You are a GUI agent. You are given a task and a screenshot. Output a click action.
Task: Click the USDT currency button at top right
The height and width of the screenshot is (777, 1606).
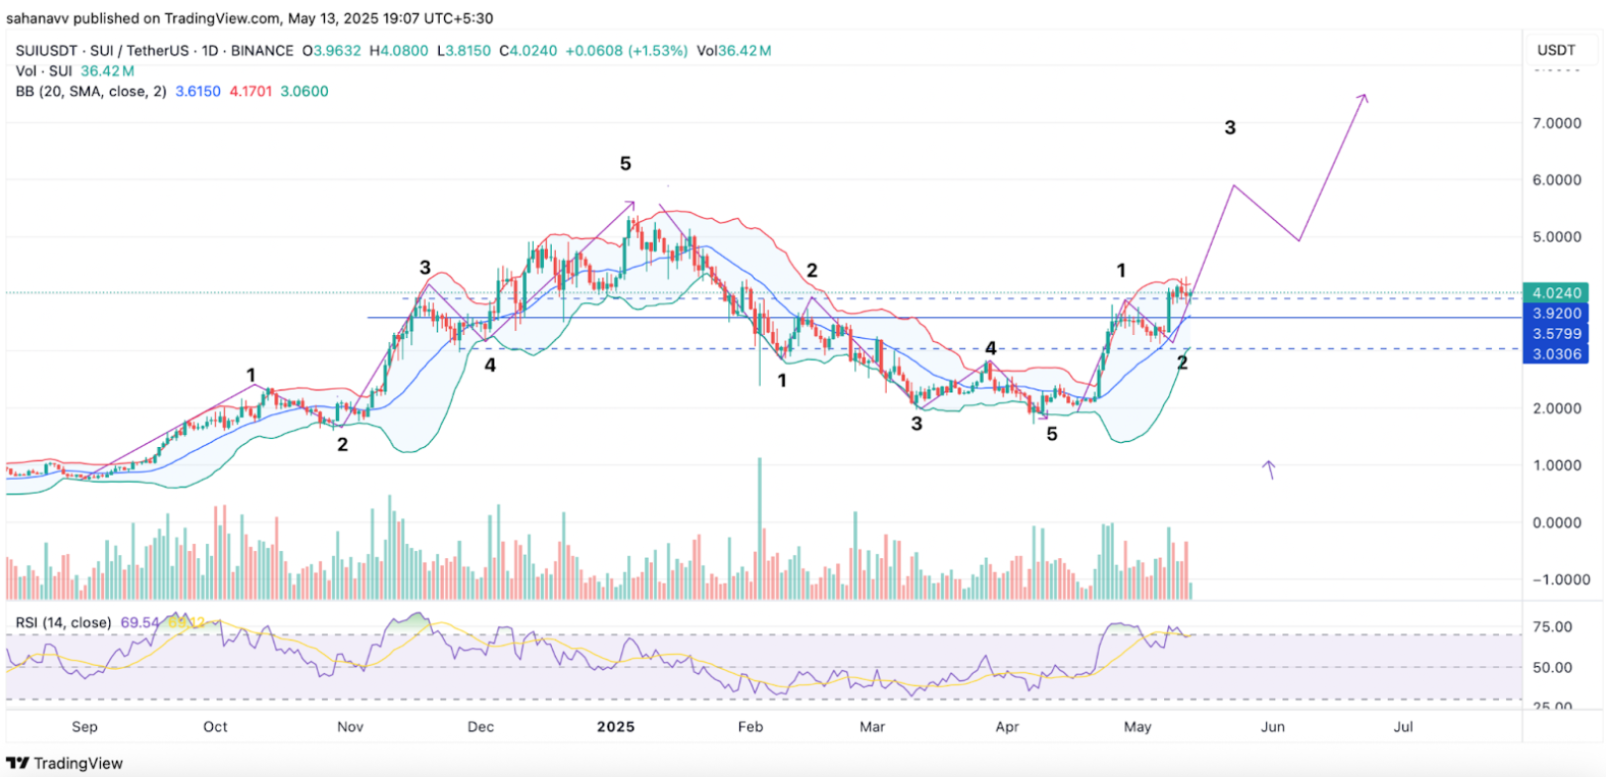click(x=1555, y=50)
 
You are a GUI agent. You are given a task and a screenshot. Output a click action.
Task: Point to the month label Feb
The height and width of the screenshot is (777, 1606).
click(x=750, y=726)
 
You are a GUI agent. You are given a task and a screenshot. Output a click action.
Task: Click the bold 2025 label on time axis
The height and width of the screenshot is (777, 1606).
click(x=615, y=726)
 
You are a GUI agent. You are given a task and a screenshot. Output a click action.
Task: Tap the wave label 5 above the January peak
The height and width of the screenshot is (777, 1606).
click(x=625, y=164)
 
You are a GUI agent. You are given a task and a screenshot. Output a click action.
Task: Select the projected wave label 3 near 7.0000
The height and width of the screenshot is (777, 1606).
click(x=1230, y=128)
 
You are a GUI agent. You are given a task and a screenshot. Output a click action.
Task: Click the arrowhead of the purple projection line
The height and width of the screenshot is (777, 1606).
click(x=1364, y=97)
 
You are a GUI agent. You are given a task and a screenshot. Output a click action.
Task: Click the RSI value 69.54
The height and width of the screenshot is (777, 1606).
click(x=140, y=622)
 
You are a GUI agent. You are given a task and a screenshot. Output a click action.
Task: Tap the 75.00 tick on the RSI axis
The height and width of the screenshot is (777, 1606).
click(x=1552, y=626)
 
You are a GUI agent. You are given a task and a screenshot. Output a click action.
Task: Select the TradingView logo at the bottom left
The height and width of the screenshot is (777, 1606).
click(x=67, y=763)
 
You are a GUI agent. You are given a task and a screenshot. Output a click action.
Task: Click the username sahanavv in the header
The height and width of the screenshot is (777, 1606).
click(x=44, y=18)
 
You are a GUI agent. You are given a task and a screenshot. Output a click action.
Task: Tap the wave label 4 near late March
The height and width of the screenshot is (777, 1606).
click(x=990, y=348)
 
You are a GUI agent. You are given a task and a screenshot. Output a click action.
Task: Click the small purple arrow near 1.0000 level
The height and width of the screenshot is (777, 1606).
click(x=1268, y=469)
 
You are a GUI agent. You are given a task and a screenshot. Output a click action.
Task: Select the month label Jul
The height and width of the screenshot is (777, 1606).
click(x=1403, y=726)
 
